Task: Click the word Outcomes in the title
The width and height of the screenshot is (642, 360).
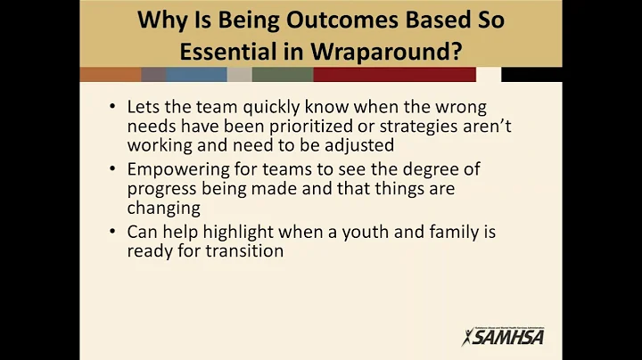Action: pos(290,20)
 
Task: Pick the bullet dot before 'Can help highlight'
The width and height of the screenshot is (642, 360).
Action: pos(111,232)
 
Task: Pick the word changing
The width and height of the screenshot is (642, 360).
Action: pos(164,208)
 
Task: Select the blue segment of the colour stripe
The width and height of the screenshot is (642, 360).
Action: pos(196,75)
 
